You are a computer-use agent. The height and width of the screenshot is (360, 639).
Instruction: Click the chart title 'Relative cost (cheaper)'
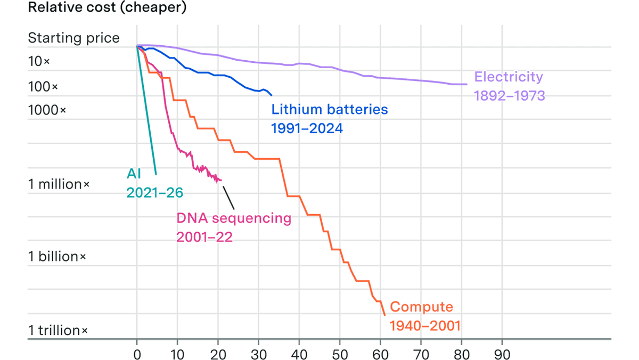pos(107,7)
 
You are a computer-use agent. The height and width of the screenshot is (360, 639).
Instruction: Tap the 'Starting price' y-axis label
pos(73,38)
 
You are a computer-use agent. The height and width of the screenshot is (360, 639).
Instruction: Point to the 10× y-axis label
pos(39,61)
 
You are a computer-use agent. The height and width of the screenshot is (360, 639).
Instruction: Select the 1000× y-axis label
pos(47,110)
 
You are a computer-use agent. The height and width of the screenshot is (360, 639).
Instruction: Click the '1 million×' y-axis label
pos(59,184)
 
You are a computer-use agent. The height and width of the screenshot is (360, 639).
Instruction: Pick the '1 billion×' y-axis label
pos(57,257)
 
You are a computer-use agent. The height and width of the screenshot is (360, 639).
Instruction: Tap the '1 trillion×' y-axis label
pos(58,331)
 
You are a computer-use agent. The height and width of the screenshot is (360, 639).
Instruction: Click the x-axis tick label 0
pos(137,355)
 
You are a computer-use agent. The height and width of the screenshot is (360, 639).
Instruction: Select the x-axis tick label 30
pos(259,355)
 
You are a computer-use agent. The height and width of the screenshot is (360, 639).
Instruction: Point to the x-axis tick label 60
pos(381,355)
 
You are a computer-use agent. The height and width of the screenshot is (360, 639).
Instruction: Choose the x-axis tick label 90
pos(502,355)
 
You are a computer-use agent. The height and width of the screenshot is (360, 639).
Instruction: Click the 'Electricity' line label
pos(509,77)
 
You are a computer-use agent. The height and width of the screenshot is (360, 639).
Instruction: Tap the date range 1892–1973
pos(510,96)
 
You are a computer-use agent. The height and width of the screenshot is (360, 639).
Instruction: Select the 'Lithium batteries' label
pos(330,110)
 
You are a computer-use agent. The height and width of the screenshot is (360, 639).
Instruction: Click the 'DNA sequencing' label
pos(234,219)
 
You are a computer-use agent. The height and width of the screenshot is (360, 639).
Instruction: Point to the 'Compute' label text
pos(421,307)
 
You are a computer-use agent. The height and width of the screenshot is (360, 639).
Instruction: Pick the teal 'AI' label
pos(134,174)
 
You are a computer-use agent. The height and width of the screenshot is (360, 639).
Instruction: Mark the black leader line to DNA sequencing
pos(229,198)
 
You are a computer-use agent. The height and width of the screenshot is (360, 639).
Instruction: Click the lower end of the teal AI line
pos(155,174)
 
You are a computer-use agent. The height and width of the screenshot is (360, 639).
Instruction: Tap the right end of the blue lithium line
pos(271,95)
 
